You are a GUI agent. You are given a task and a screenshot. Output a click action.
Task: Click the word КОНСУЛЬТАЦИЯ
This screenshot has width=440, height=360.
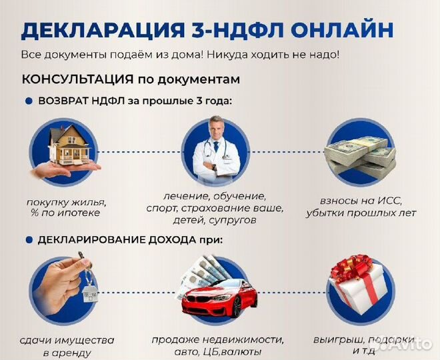[77, 79]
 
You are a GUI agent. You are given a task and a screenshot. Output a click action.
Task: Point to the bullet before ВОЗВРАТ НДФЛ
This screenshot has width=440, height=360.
[29, 101]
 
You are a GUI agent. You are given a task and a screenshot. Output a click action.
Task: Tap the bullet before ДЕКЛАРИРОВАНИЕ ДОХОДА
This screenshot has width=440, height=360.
[29, 240]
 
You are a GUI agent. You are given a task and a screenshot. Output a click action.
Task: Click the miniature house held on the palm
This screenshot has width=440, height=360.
[69, 146]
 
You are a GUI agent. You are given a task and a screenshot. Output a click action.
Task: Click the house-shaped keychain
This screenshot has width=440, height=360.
[90, 293]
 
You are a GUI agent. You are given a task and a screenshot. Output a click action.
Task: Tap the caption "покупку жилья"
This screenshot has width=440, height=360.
[67, 202]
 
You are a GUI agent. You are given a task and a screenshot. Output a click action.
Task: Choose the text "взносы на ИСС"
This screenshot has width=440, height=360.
[361, 201]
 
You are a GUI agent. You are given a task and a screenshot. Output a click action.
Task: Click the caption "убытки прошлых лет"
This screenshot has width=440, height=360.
[361, 213]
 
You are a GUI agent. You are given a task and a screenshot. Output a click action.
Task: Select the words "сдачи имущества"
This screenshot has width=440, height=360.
[67, 341]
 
